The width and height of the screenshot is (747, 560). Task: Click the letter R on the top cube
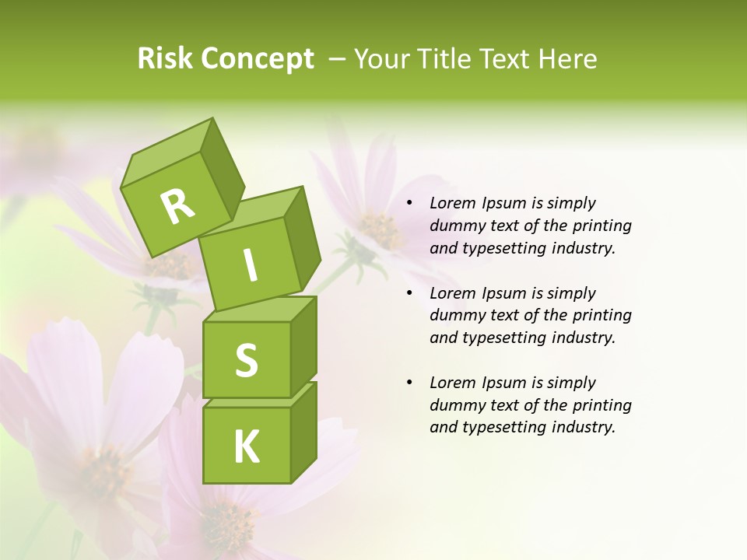[x=178, y=207]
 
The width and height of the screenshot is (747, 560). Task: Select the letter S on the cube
[x=246, y=359]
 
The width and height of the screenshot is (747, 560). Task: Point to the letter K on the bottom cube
[x=246, y=446]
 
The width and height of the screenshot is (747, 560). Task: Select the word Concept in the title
[x=256, y=58]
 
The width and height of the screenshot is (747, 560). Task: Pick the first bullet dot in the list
[x=409, y=204]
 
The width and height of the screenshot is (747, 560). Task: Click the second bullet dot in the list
[x=409, y=294]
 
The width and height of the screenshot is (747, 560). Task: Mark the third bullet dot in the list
[x=409, y=383]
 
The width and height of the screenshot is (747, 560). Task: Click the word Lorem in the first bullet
[x=451, y=204]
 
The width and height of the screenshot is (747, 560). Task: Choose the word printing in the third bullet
[x=602, y=405]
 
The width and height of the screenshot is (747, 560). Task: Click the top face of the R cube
[x=167, y=156]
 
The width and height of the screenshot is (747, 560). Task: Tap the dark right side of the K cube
[x=303, y=432]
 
